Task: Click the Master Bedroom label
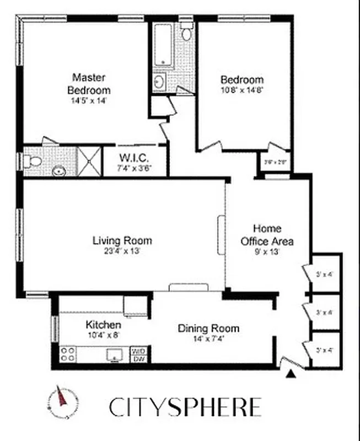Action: (x=89, y=83)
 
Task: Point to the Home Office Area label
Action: (x=267, y=235)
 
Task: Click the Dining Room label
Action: (x=208, y=329)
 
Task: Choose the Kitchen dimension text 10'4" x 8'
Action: (x=103, y=335)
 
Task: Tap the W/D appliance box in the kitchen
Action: (x=137, y=350)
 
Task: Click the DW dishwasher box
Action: (x=137, y=358)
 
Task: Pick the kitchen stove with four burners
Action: (x=68, y=353)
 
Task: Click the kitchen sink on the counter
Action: (x=115, y=354)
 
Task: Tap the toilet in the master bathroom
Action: (x=34, y=162)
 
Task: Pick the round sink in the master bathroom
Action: (x=60, y=171)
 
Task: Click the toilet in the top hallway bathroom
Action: (x=187, y=33)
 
